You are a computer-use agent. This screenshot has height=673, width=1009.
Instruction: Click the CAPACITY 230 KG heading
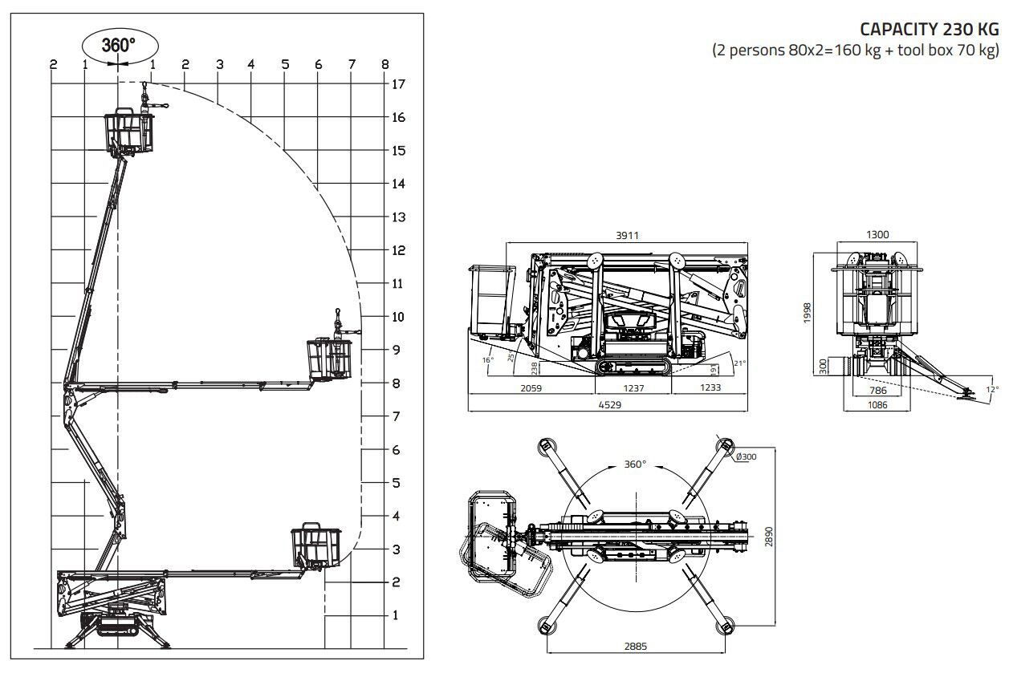click(x=930, y=29)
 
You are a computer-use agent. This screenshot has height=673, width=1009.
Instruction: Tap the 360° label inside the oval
click(x=118, y=46)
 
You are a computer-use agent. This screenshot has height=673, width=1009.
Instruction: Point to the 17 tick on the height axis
click(x=398, y=84)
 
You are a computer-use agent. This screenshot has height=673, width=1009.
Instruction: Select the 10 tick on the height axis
click(x=398, y=317)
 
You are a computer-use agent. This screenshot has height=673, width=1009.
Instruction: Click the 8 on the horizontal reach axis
click(x=385, y=64)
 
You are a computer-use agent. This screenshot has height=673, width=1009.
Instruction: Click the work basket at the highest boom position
click(x=128, y=132)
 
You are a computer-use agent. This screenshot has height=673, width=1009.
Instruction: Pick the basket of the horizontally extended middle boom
click(x=331, y=357)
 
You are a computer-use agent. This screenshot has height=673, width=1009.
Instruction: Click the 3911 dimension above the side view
click(x=628, y=235)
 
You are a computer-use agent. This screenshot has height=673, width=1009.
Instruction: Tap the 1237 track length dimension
click(x=633, y=387)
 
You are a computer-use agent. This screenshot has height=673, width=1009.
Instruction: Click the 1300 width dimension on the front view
click(x=877, y=235)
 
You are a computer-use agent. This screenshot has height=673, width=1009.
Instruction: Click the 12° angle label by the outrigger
click(x=992, y=390)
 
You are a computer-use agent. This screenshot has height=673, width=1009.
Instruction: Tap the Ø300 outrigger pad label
click(x=746, y=457)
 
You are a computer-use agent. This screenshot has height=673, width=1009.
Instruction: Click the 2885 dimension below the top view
click(x=637, y=646)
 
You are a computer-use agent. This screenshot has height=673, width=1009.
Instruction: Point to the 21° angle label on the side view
click(x=739, y=363)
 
